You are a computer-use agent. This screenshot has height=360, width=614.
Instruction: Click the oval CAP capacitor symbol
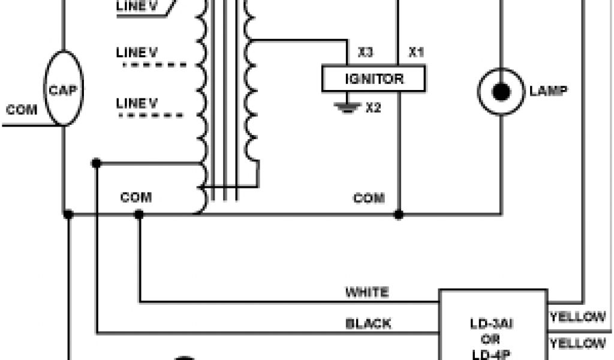click(63, 88)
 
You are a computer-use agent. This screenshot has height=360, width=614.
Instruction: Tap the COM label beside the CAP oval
click(22, 110)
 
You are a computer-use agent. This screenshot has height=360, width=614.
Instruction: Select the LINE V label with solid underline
click(138, 7)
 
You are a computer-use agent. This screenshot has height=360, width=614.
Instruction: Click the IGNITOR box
click(374, 79)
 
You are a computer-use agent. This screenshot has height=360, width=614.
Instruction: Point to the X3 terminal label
click(366, 53)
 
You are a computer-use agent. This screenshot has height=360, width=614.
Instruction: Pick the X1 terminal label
click(416, 53)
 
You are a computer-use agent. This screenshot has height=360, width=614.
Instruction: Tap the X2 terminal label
click(374, 108)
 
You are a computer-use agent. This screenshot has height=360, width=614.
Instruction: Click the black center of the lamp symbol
click(501, 92)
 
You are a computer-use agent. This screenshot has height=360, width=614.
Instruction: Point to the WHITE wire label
click(366, 292)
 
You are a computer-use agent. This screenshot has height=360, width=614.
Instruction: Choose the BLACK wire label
click(368, 324)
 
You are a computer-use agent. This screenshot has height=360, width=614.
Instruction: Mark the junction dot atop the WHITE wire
click(139, 214)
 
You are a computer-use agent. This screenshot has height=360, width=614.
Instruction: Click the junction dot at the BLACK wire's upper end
click(96, 163)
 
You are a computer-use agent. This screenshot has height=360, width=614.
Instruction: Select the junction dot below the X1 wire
click(398, 214)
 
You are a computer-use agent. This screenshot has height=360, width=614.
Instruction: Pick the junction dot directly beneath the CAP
click(68, 214)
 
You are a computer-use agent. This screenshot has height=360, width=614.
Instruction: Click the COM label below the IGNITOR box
click(369, 198)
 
